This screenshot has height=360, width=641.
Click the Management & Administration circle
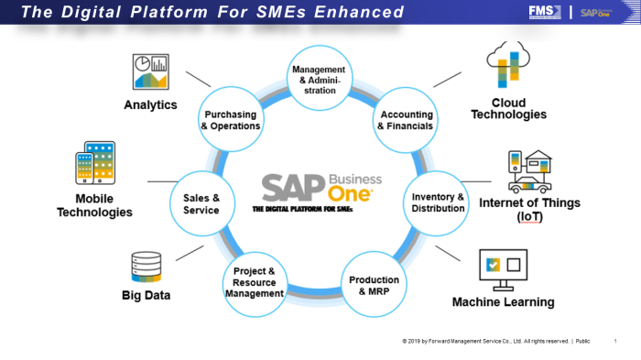319,80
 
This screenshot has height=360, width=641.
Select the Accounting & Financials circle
404,119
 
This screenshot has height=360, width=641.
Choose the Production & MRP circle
373,285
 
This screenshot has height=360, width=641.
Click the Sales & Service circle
201,203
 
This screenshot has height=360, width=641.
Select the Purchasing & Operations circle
232,120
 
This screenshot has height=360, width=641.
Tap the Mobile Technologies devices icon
94,165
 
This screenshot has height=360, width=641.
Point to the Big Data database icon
147,267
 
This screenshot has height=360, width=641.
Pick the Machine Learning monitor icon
503,268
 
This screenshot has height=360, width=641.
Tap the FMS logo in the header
540,11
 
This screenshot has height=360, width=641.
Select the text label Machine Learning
503,301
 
